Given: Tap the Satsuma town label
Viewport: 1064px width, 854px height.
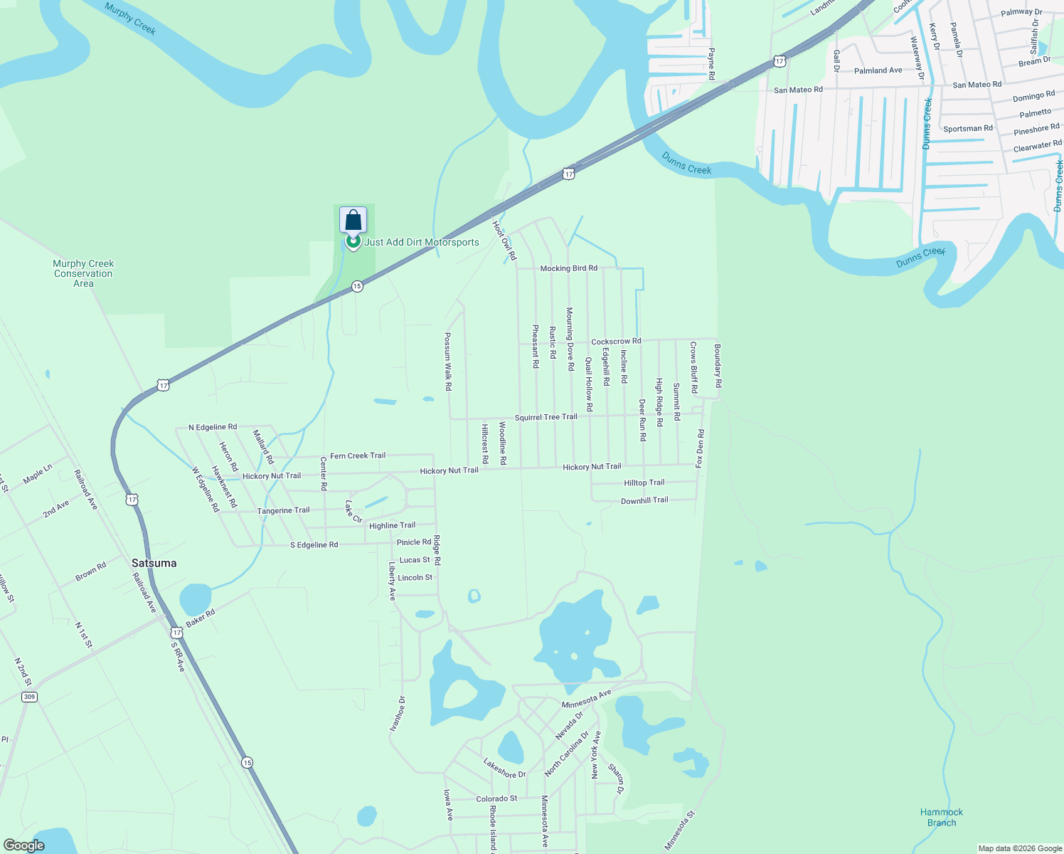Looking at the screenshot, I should (x=154, y=563).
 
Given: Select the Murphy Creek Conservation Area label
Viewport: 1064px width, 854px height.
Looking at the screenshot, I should (x=83, y=273).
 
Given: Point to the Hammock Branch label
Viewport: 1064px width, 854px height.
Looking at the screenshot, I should (x=942, y=817).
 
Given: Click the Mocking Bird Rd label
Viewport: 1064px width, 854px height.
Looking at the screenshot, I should (x=568, y=268).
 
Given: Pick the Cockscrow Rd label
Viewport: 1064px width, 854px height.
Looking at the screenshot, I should (x=616, y=342).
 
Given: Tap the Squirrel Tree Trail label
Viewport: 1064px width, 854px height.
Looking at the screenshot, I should (x=546, y=417).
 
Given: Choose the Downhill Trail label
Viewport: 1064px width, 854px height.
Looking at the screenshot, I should (x=644, y=500).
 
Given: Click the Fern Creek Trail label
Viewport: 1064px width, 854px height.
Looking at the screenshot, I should (x=358, y=455).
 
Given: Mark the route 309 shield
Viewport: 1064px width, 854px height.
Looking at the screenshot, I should (x=29, y=697).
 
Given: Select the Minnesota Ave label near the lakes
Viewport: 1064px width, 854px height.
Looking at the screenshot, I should (x=586, y=699).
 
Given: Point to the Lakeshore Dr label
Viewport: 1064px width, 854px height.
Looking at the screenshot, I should (x=504, y=769).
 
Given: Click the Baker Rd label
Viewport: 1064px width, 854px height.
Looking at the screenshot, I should (x=200, y=618).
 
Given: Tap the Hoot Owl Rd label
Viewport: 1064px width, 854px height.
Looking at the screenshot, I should (x=504, y=239).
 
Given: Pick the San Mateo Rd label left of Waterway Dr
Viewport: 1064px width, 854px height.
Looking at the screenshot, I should (x=798, y=90).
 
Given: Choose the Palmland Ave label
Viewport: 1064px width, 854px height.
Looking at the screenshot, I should (x=878, y=70).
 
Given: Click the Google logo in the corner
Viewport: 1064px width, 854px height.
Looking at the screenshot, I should (x=23, y=845).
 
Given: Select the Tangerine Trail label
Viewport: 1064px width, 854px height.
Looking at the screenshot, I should (x=283, y=510).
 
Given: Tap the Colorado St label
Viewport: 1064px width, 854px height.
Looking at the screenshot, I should (x=496, y=798).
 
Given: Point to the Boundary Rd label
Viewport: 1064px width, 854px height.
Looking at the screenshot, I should (x=718, y=366).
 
